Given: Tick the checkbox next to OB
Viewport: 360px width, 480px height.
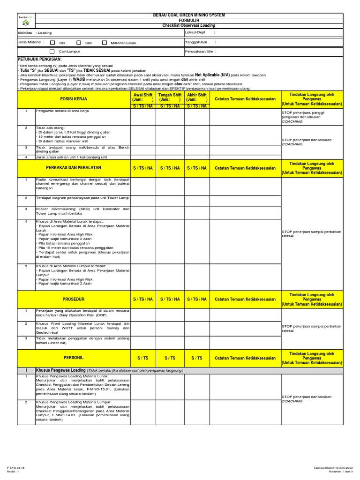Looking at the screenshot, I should coord(52,42).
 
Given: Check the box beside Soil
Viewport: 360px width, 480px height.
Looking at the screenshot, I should coord(79,42).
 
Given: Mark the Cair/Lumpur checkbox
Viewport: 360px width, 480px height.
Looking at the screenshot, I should coord(52,52).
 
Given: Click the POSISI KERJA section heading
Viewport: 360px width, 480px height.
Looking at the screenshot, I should coord(74,99).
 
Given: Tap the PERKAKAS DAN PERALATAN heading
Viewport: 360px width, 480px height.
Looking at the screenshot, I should coord(74,167).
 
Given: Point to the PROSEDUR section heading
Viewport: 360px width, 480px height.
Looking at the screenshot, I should coord(74,299).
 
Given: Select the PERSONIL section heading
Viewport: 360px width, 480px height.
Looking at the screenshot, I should coord(74,358).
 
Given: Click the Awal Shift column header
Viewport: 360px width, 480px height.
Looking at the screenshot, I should coord(142,97).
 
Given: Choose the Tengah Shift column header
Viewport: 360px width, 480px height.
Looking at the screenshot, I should coord(170,97).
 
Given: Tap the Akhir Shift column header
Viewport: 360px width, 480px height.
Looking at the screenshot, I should coord(197,97).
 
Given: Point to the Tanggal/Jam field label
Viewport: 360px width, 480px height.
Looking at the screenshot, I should coord(196,42).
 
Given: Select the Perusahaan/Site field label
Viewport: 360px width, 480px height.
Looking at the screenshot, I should coord(201,52).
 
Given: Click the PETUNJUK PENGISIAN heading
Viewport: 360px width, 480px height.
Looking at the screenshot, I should coord(40,60).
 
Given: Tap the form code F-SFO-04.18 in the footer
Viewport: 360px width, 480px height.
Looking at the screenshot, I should coord(16,468).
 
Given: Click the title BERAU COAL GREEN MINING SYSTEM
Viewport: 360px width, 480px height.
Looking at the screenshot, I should coord(189,15).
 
